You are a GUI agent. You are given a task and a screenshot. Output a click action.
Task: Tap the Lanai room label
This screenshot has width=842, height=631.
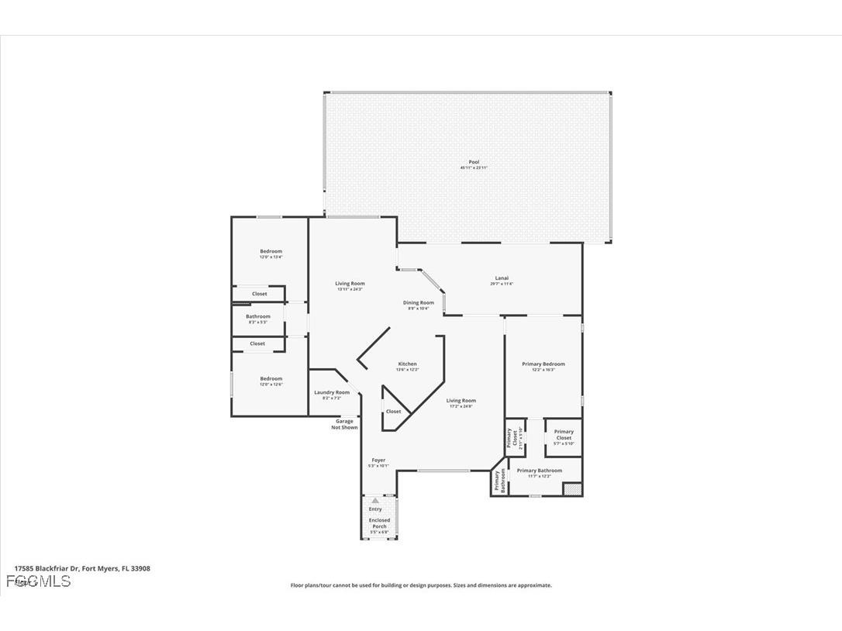(x=502, y=278)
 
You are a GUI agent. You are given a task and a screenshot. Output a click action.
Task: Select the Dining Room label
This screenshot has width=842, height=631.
(x=418, y=303)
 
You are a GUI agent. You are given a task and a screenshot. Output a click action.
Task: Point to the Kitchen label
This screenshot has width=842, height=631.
(x=407, y=364)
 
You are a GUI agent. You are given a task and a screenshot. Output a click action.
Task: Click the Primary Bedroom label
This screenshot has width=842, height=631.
(x=543, y=364)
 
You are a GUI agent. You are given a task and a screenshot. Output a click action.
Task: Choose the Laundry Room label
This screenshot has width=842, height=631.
(x=331, y=393)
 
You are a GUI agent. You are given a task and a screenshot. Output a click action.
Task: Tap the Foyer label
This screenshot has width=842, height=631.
(x=378, y=460)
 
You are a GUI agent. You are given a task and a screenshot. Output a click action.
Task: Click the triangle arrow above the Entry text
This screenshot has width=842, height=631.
(x=375, y=501)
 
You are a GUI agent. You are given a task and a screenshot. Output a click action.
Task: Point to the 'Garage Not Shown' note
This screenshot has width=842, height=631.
(x=344, y=424)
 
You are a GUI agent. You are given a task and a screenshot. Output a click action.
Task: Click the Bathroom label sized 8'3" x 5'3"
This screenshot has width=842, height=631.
(x=258, y=316)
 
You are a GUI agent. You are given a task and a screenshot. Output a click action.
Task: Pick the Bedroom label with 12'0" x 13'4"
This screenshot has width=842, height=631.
(x=271, y=251)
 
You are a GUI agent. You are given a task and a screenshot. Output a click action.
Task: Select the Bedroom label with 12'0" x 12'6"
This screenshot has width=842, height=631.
(x=271, y=379)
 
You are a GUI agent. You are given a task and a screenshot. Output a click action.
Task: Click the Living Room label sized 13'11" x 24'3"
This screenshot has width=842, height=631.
(x=350, y=284)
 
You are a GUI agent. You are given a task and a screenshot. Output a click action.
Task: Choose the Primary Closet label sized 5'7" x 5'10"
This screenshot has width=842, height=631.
(x=564, y=435)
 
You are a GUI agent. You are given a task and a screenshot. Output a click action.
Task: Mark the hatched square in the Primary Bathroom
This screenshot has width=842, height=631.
(x=572, y=488)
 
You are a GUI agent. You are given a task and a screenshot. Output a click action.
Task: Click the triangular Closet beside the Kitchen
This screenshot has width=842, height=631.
(x=393, y=411)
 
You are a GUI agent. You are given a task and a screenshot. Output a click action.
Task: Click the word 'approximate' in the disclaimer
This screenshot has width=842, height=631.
(x=533, y=585)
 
